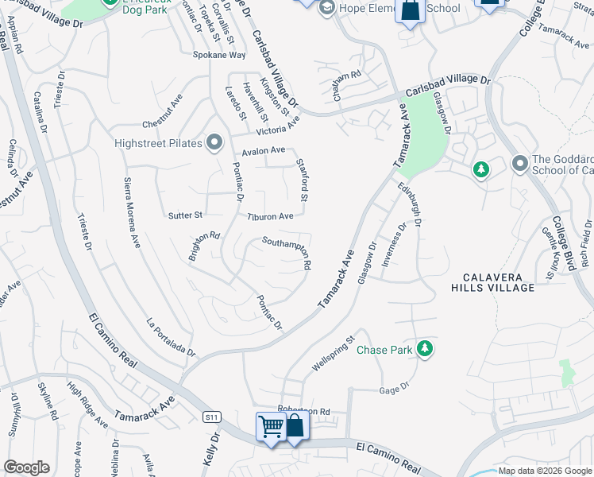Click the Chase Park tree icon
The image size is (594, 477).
point(426,348)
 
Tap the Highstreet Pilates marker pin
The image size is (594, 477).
point(214,143)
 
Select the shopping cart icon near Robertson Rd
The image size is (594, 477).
point(271,427)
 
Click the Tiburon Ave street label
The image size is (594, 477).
point(270,216)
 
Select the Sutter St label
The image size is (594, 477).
point(186,215)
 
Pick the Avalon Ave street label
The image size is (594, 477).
point(263,150)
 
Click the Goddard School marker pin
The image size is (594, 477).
point(520,163)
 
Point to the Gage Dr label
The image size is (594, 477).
point(394,390)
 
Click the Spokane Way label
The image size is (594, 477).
point(219,55)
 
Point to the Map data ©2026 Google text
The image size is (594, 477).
point(545,471)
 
